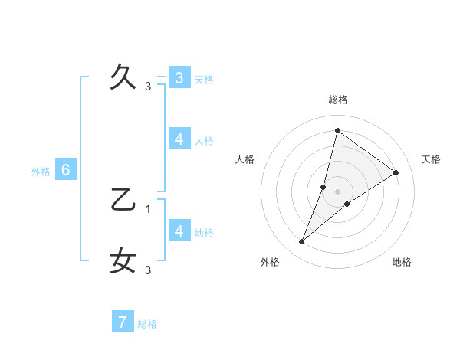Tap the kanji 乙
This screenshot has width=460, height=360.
[123, 199]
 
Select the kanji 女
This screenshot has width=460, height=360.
[123, 260]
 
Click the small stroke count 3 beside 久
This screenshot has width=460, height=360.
[148, 86]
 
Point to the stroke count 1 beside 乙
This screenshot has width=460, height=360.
[148, 208]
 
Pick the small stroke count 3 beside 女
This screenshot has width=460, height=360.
[148, 270]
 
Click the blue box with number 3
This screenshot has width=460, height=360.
[179, 78]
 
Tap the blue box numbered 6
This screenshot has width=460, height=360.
[66, 170]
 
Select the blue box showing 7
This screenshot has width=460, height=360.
[122, 322]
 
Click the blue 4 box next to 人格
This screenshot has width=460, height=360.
[179, 139]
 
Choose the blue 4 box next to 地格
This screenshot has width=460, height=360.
[179, 231]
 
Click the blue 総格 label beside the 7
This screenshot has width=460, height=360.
[147, 324]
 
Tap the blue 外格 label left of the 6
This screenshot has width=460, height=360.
[41, 172]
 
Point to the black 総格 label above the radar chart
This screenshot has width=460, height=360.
[338, 100]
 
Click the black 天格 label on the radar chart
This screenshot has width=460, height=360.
[432, 159]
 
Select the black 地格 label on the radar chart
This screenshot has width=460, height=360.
[402, 262]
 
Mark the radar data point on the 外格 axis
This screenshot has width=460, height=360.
[302, 242]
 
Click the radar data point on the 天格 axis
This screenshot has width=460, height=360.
[396, 173]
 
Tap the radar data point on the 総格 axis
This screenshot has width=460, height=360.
[337, 130]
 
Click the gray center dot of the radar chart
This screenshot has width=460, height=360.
[338, 191]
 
